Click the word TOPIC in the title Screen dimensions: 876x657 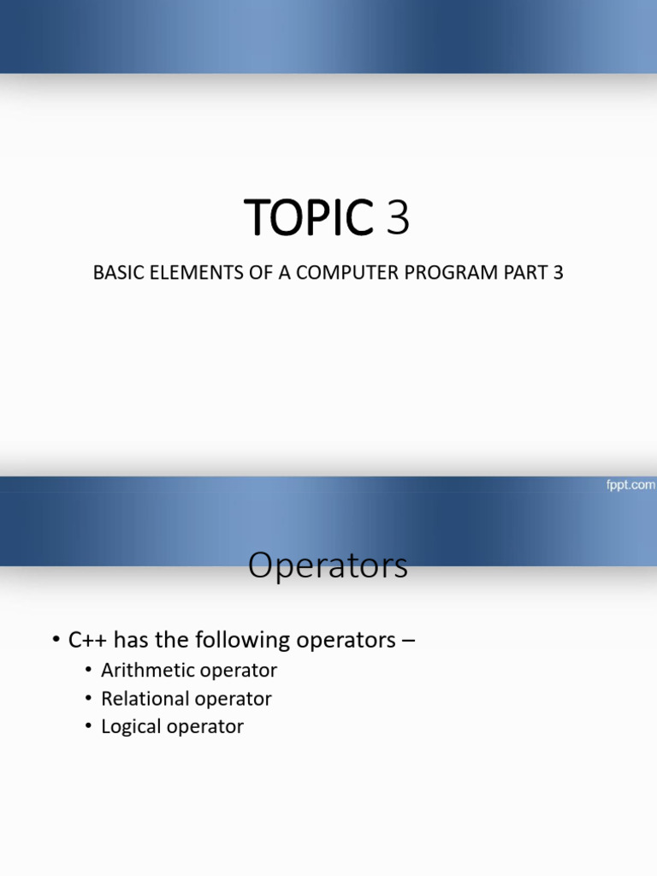point(309,217)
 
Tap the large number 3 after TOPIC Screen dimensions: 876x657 point(399,217)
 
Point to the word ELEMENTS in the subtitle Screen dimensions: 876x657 point(183,275)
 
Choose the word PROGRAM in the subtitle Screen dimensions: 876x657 point(428,275)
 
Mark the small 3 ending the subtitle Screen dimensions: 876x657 point(558,275)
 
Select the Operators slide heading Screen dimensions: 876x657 point(328,565)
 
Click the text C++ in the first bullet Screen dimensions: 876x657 point(88,640)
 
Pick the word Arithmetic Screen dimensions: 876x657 point(144,670)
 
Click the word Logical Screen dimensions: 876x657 point(128,726)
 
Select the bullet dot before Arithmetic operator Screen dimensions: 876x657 point(89,670)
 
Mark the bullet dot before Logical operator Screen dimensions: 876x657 point(89,726)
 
